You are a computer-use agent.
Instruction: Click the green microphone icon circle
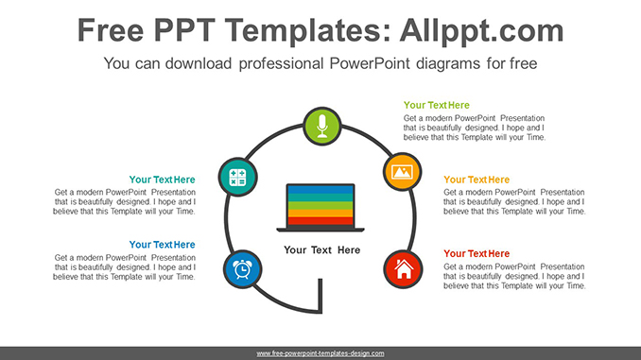(x=321, y=126)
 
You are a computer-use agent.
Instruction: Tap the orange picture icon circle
(x=401, y=172)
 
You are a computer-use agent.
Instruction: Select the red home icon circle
(x=402, y=269)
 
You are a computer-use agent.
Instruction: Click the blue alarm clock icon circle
(x=241, y=269)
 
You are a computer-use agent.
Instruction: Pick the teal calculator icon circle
(x=236, y=177)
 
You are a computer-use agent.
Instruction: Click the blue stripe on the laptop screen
(x=320, y=192)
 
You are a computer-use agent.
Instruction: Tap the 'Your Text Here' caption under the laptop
(x=321, y=250)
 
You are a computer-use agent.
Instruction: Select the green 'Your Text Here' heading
(x=436, y=105)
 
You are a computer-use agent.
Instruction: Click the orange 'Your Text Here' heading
(x=476, y=180)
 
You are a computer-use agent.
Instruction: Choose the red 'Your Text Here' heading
(x=476, y=253)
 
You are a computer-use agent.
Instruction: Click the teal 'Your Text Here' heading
(x=162, y=180)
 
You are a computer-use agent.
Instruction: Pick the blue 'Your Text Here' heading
(x=162, y=245)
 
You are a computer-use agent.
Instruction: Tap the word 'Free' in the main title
(x=115, y=30)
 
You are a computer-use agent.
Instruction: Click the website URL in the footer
(x=320, y=352)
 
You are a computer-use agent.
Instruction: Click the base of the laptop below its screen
(x=320, y=229)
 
